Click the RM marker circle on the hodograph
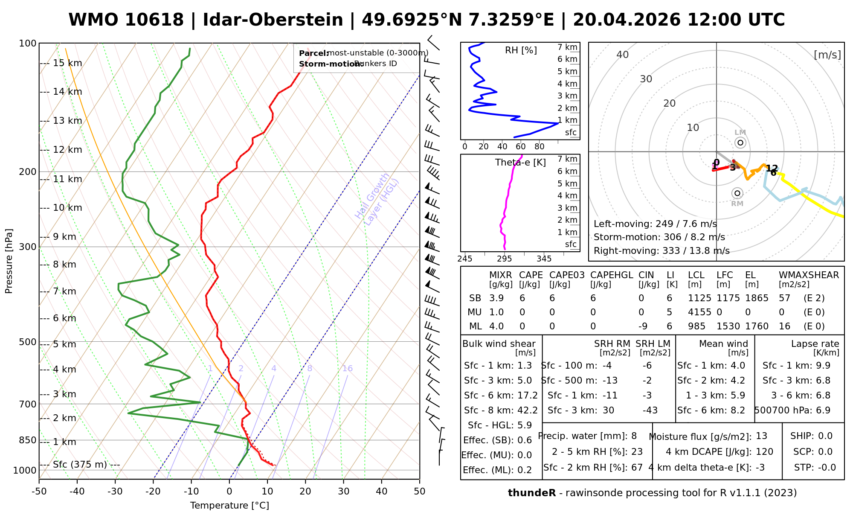coord(737,193)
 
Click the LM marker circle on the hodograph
coord(740,143)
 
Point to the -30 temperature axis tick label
coord(115,492)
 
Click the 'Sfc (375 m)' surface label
coord(80,465)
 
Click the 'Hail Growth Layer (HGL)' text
coord(377,199)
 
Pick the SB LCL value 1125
coord(699,298)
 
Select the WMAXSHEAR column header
coord(809,275)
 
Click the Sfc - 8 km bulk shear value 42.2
coord(528,410)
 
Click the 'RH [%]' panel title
coord(521,50)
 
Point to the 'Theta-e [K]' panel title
coord(520,163)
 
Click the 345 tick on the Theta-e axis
coord(544,259)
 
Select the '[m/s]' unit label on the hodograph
coord(827,55)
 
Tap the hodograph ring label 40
coord(623,55)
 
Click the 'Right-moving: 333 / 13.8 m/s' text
coord(662,251)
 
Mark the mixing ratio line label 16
coord(347,369)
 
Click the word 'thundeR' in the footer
coord(532,493)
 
